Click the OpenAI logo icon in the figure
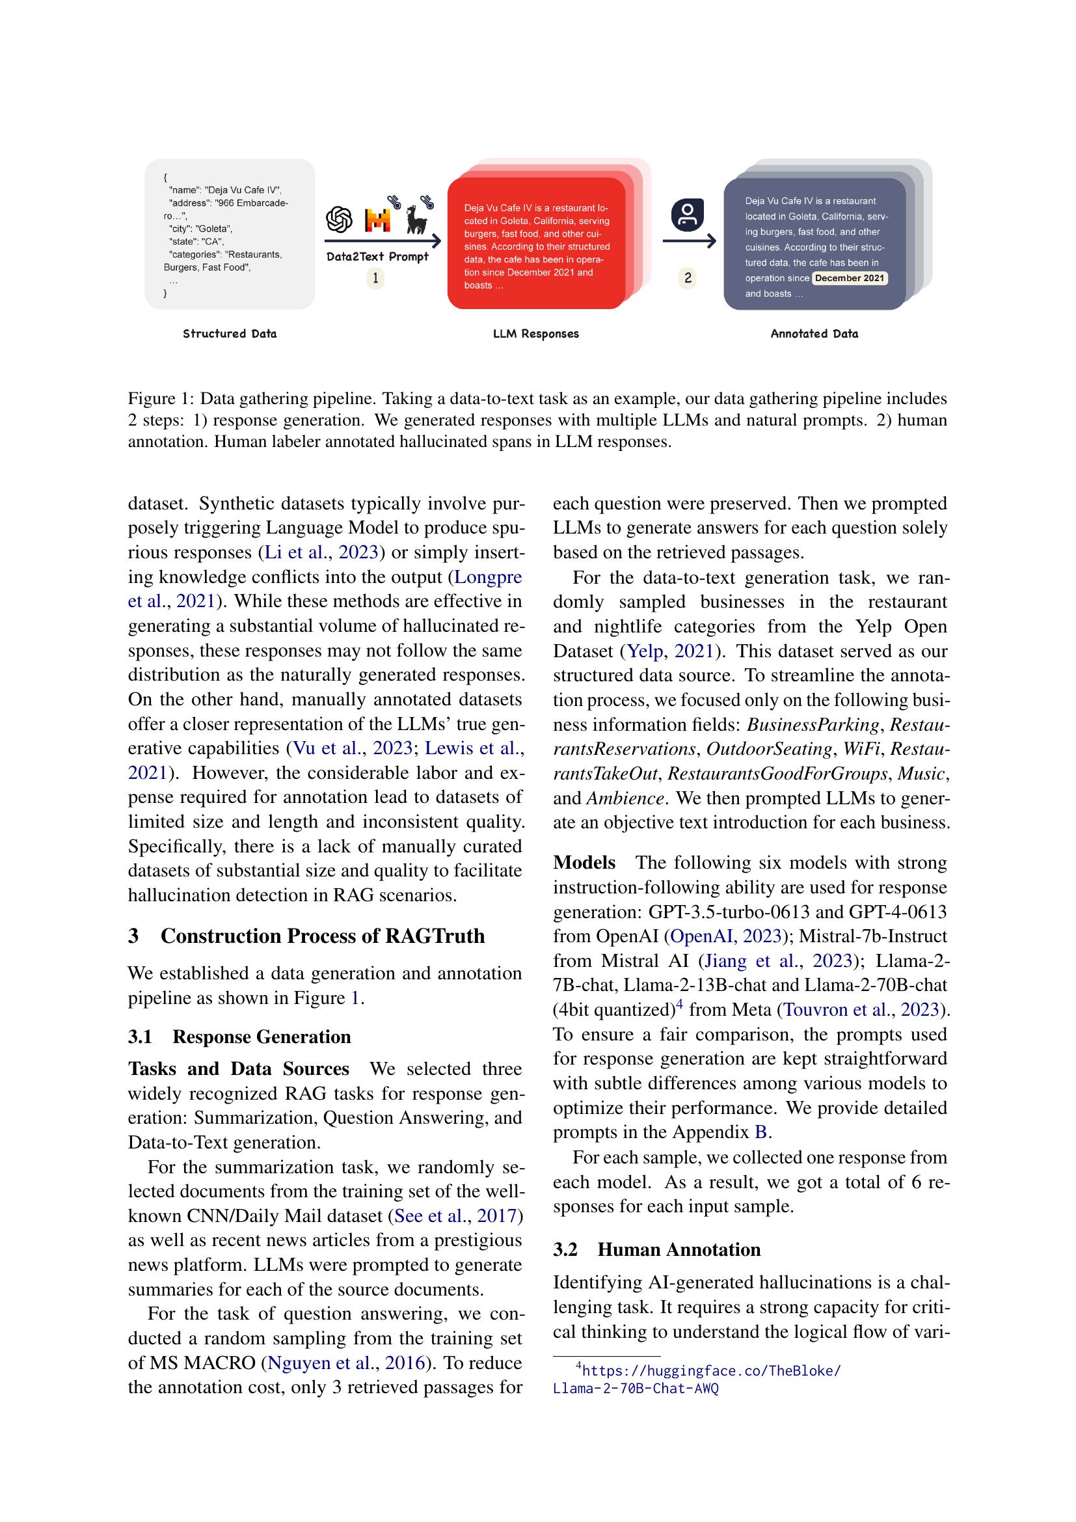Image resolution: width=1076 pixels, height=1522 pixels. [339, 220]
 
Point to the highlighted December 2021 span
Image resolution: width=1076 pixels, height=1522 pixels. [850, 279]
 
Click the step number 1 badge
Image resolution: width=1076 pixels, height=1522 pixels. [375, 279]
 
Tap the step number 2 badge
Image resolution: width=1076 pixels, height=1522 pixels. [688, 279]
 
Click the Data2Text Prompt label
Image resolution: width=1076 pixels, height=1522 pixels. [377, 257]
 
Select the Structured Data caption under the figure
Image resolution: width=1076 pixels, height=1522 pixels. [229, 334]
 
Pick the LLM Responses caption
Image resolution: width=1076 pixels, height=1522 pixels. [535, 334]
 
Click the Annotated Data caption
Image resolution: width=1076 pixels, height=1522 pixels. [814, 334]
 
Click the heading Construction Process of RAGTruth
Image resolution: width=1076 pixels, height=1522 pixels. [322, 936]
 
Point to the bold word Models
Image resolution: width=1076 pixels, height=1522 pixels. [584, 863]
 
